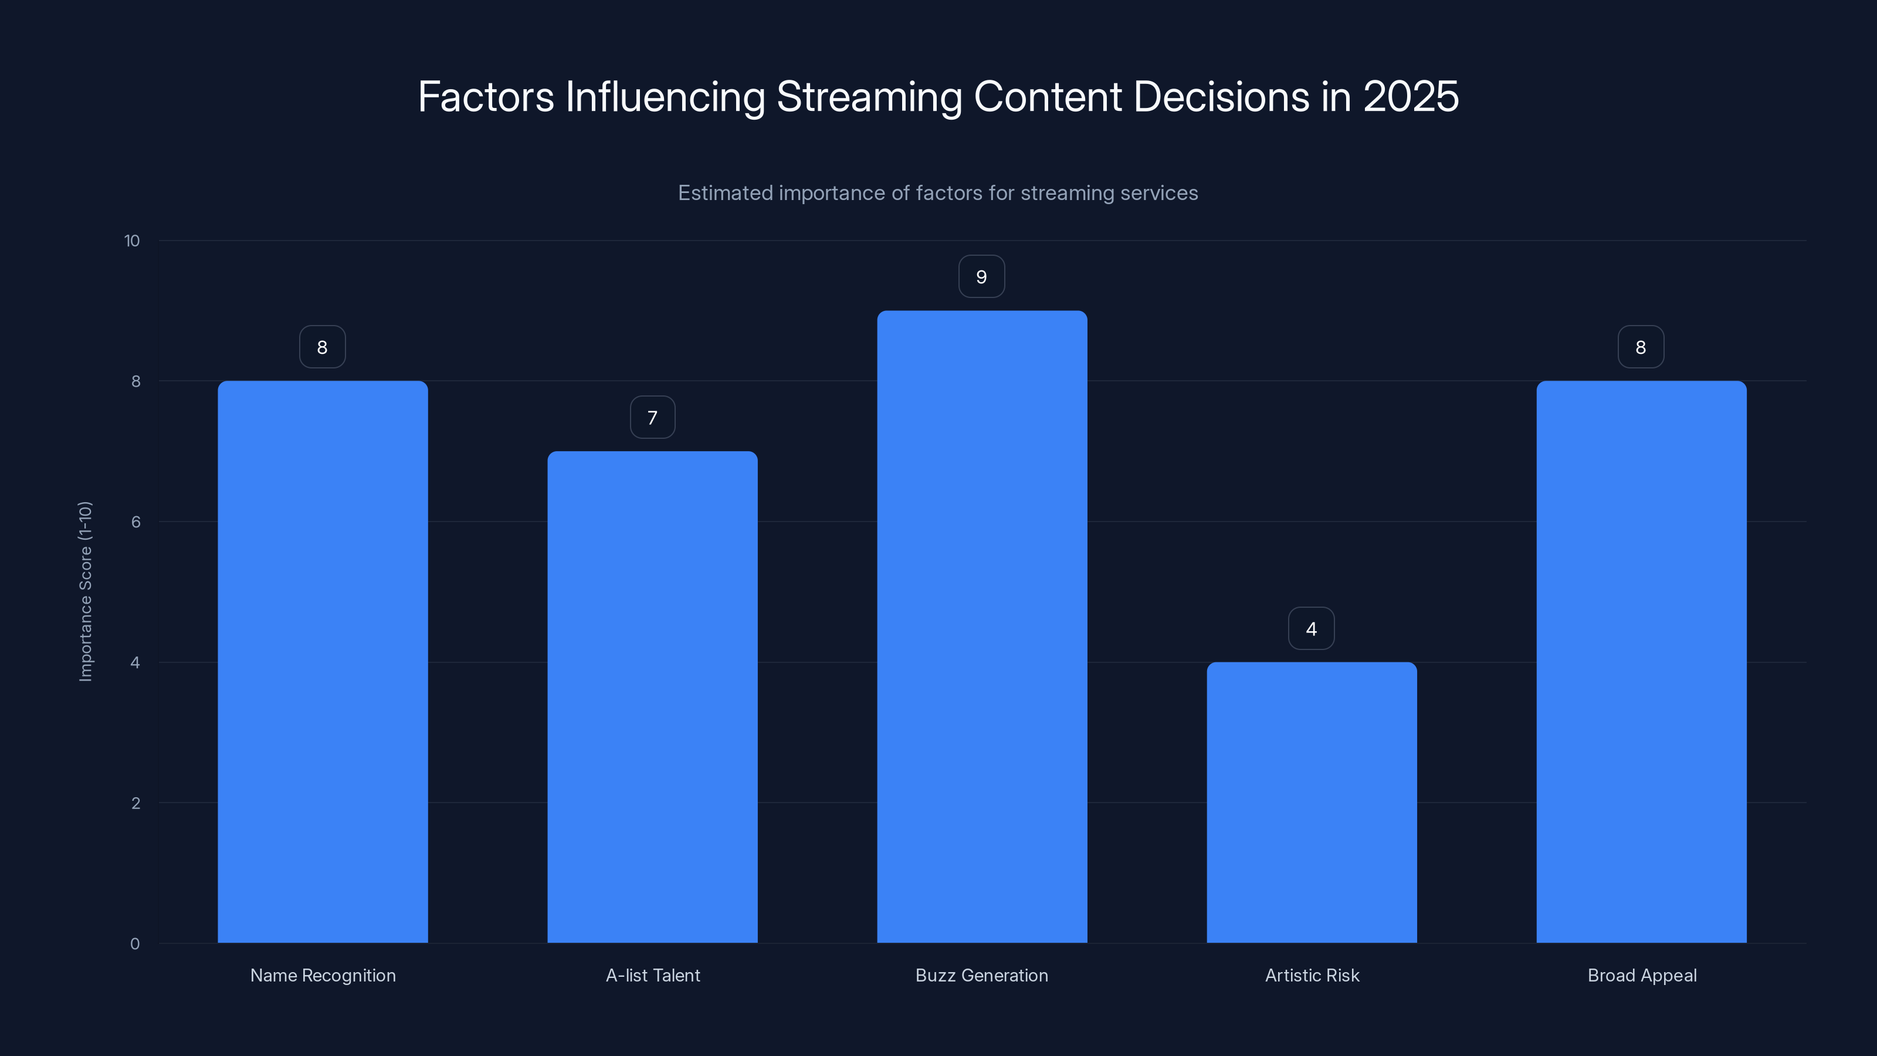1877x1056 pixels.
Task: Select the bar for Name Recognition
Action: [x=322, y=662]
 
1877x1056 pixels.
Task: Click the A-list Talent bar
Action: [x=652, y=697]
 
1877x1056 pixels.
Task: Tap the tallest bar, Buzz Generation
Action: [x=981, y=627]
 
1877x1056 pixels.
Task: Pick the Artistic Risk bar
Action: [x=1312, y=803]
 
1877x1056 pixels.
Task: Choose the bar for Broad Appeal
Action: [x=1641, y=662]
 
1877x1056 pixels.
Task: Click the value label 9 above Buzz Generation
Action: [x=981, y=277]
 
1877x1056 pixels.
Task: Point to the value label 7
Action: [x=652, y=418]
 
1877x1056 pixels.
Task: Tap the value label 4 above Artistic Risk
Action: [x=1311, y=629]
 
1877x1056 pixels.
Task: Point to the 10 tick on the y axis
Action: [x=132, y=241]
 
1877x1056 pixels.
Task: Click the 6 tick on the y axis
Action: [x=135, y=522]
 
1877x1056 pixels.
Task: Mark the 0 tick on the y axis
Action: [x=135, y=944]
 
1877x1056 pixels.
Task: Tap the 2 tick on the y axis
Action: [x=135, y=803]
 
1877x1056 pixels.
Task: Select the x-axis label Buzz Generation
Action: [x=981, y=975]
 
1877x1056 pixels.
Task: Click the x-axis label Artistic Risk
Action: [x=1312, y=975]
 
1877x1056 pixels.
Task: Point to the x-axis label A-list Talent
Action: [x=652, y=975]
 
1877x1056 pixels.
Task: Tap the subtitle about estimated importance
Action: [x=938, y=193]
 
